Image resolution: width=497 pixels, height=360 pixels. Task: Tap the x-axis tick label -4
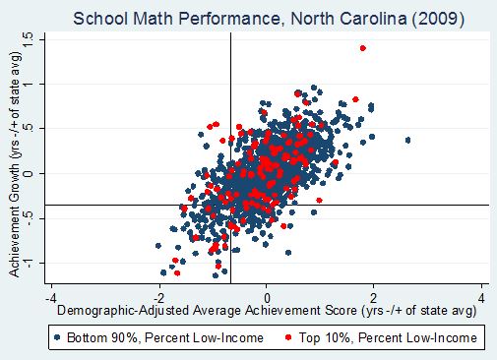pyautogui.click(x=49, y=297)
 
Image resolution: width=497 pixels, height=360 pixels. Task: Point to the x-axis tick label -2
pyautogui.click(x=157, y=297)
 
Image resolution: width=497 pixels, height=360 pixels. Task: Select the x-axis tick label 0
pyautogui.click(x=267, y=297)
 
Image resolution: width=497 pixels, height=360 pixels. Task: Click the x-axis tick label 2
pyautogui.click(x=375, y=297)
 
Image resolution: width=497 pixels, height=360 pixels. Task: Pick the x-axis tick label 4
pyautogui.click(x=482, y=297)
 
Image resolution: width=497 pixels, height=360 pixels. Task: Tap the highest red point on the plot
pyautogui.click(x=363, y=48)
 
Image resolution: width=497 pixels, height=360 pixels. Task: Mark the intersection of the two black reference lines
pyautogui.click(x=230, y=205)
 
